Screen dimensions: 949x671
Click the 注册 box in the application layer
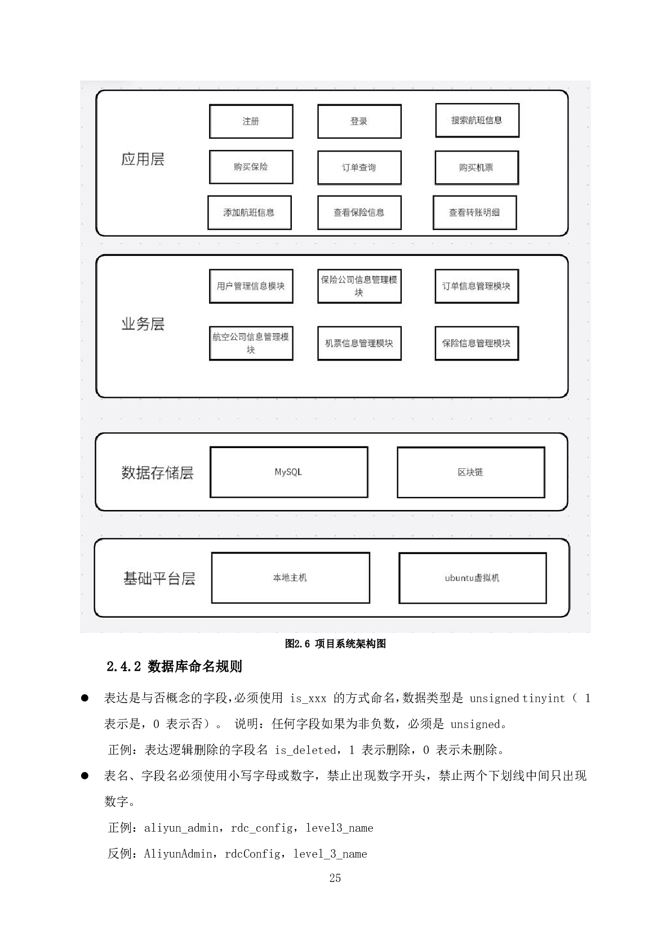(251, 121)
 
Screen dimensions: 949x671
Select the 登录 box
(359, 121)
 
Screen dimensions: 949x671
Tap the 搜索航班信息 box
(477, 120)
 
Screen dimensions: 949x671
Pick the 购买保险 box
(251, 167)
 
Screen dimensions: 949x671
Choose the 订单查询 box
(359, 167)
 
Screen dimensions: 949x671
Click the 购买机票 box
(476, 167)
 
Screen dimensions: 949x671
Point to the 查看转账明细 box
(474, 212)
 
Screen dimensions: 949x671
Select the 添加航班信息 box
(249, 212)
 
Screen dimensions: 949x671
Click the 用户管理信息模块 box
(251, 286)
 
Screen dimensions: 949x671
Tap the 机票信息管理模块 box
(359, 343)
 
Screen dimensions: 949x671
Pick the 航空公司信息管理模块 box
(251, 343)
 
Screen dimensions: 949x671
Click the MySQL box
(288, 472)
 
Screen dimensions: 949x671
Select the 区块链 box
(470, 472)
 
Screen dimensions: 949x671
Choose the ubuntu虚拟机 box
(472, 578)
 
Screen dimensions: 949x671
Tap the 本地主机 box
(290, 578)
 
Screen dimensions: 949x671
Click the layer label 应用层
(143, 159)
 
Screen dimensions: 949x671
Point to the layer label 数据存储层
(157, 473)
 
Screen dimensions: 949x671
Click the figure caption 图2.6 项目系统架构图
(335, 644)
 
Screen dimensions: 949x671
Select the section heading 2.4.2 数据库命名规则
(174, 667)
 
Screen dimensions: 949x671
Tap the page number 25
(335, 878)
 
